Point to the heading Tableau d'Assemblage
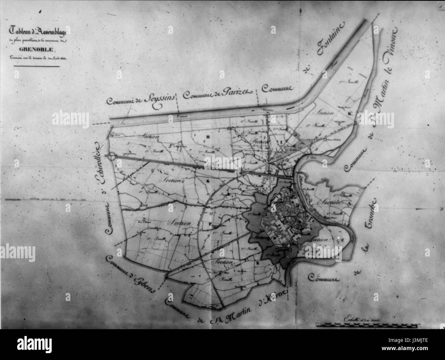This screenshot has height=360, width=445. click(x=38, y=33)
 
